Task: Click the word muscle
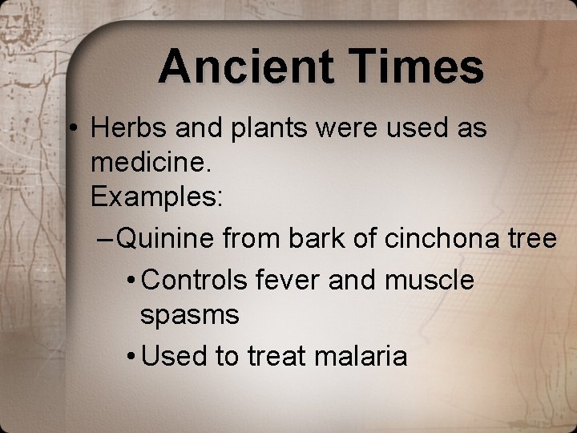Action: [x=430, y=280]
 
